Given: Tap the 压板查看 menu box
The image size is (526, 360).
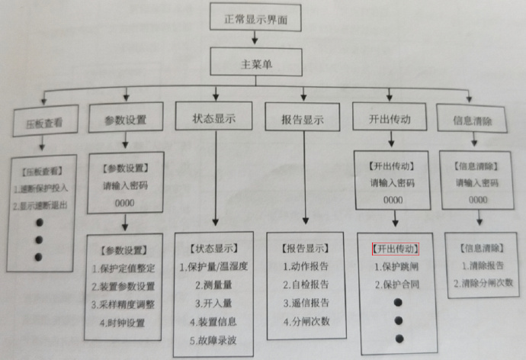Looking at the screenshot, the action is pyautogui.click(x=38, y=122).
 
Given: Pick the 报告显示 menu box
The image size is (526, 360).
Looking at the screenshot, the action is pyautogui.click(x=303, y=120).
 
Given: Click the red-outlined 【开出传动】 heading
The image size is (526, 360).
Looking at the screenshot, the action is pyautogui.click(x=396, y=249).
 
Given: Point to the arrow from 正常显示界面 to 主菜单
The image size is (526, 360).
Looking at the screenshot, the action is pyautogui.click(x=261, y=37).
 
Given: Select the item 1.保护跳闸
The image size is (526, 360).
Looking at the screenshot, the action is pyautogui.click(x=397, y=267).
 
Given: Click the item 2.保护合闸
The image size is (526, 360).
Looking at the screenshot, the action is pyautogui.click(x=397, y=285).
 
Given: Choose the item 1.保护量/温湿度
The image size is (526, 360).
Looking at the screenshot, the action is pyautogui.click(x=218, y=267).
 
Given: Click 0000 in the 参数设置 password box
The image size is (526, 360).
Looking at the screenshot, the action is pyautogui.click(x=125, y=203).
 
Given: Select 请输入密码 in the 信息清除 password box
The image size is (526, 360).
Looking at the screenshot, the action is pyautogui.click(x=477, y=183).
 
